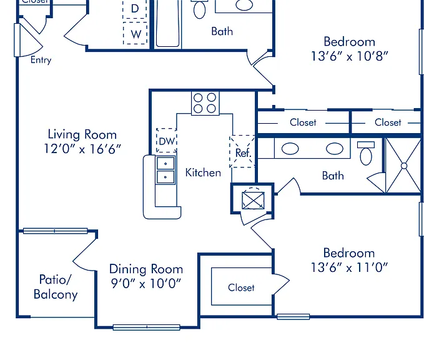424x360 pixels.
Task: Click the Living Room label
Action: (x=82, y=134)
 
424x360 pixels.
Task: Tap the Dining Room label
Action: (x=146, y=269)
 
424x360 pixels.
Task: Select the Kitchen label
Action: (x=203, y=172)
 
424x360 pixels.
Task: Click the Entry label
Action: (x=41, y=60)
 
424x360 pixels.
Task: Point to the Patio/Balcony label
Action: (x=56, y=287)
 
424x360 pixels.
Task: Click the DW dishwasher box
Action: (x=167, y=141)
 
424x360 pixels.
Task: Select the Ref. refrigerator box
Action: (x=242, y=152)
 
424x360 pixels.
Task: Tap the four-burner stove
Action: (x=205, y=103)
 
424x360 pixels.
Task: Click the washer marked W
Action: (x=136, y=33)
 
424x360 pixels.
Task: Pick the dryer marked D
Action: (x=135, y=9)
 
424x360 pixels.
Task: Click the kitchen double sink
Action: (x=165, y=170)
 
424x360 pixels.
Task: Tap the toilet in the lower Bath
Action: (x=366, y=153)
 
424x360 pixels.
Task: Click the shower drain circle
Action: (x=404, y=166)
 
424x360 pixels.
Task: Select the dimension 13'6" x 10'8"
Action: (x=349, y=56)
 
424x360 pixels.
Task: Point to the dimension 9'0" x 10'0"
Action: (x=146, y=283)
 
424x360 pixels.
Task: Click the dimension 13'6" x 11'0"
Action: (x=349, y=267)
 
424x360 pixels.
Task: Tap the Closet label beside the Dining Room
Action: (x=241, y=287)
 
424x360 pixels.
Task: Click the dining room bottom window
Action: (x=146, y=327)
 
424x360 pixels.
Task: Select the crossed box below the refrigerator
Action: (x=253, y=201)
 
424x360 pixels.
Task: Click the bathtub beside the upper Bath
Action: (x=167, y=24)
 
